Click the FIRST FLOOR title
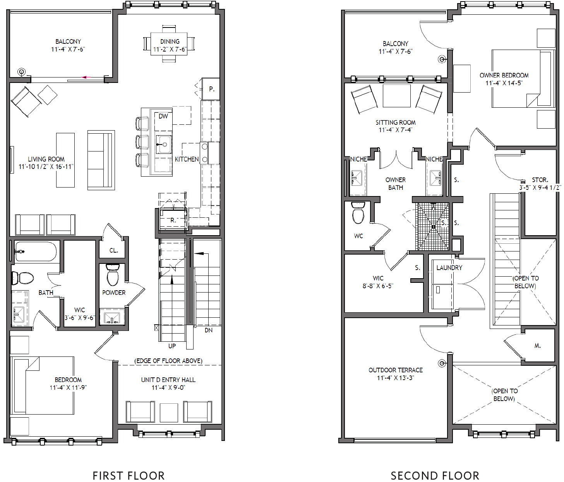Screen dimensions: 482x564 click(129, 475)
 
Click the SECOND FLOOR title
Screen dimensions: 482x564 click(435, 475)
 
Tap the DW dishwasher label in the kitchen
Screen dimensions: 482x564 click(163, 116)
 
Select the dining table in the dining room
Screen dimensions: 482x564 click(169, 44)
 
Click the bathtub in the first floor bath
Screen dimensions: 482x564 click(36, 251)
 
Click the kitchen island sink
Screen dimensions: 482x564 click(164, 145)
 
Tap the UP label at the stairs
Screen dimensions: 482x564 click(172, 346)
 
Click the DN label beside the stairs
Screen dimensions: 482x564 click(209, 330)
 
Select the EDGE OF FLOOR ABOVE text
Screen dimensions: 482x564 click(168, 361)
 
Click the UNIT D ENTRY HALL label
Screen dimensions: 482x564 click(168, 380)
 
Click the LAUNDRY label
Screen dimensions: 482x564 click(449, 268)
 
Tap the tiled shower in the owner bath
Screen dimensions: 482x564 click(432, 226)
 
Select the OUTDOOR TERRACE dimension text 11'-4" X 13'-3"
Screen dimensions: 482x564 click(395, 378)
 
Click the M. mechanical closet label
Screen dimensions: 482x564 click(537, 346)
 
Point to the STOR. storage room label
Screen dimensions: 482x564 click(540, 180)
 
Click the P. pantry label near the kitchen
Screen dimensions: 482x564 click(212, 89)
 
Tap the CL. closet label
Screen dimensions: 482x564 click(113, 250)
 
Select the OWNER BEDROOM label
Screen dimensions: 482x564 click(504, 75)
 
